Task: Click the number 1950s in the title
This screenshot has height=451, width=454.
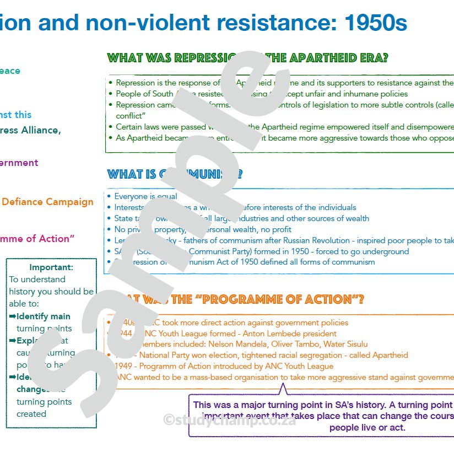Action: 376,23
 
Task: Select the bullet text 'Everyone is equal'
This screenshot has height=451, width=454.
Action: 145,196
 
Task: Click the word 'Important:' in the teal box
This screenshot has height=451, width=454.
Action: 51,267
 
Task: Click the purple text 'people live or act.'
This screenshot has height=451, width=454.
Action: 367,427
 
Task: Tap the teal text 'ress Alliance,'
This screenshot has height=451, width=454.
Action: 30,131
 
